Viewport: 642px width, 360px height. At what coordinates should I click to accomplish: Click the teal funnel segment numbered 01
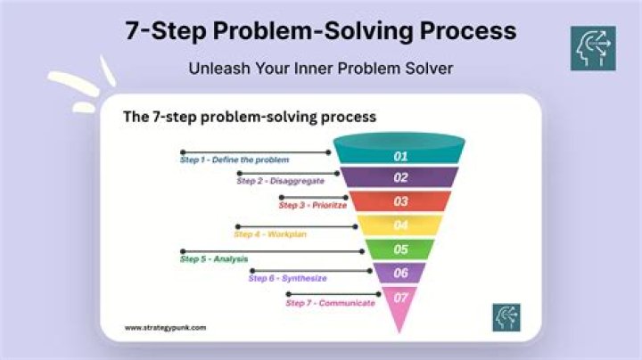coord(400,156)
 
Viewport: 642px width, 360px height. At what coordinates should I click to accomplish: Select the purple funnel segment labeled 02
coord(400,177)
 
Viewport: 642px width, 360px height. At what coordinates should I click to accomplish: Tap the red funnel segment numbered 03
coord(400,201)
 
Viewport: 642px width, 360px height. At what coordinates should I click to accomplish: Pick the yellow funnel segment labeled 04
coord(400,225)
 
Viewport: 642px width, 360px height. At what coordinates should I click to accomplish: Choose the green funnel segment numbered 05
coord(400,250)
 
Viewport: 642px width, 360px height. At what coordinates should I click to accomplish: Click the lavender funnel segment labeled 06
coord(400,274)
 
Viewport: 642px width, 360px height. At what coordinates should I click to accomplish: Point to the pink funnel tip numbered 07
coord(400,301)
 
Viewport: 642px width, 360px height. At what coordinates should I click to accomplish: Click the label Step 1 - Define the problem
coord(235,160)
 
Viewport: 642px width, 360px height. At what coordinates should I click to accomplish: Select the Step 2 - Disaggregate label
coord(280,181)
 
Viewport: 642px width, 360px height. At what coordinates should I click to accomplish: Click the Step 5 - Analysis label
coord(214,258)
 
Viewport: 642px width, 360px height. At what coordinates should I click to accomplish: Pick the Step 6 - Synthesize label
coord(287,279)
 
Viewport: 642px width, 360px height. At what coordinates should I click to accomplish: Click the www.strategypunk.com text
coord(165,327)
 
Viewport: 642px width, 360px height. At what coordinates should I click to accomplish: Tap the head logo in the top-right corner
coord(593,48)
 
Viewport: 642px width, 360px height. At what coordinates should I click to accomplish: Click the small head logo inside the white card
coord(506,317)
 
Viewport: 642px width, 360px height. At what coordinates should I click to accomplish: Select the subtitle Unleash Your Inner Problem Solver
coord(321,68)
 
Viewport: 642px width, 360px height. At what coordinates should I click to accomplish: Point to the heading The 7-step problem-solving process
coord(249,117)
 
